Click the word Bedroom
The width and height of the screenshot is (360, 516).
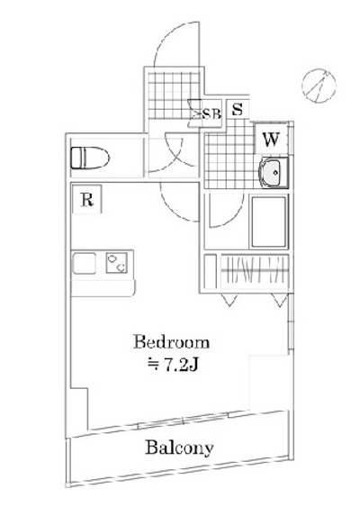(171, 343)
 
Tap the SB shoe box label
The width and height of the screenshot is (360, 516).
(211, 113)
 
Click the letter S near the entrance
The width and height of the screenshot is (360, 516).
(238, 108)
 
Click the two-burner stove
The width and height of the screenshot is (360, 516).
(115, 263)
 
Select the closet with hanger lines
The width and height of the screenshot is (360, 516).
(254, 271)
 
